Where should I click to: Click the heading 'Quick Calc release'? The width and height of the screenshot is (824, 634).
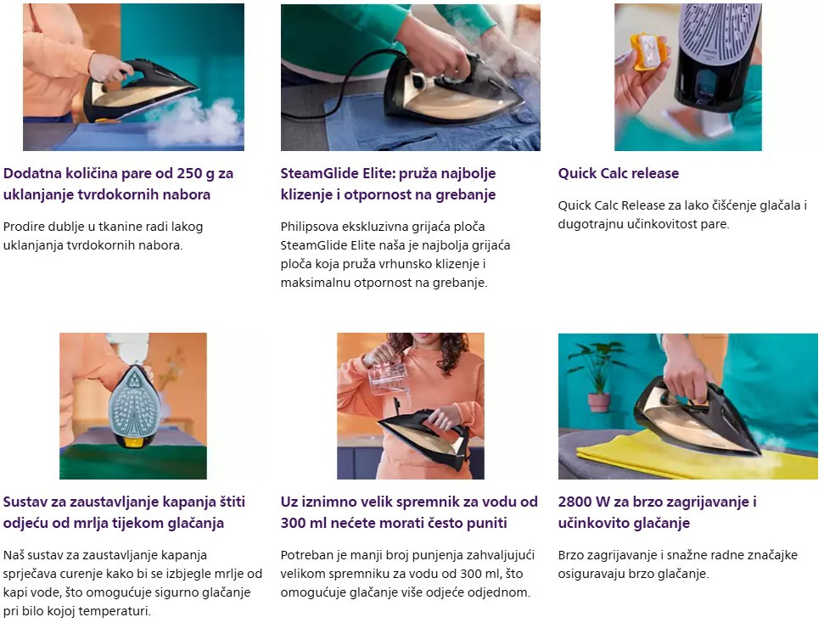(x=618, y=173)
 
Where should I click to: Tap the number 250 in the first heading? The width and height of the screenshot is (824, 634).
(x=189, y=173)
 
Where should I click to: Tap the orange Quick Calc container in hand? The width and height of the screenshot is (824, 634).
(x=648, y=52)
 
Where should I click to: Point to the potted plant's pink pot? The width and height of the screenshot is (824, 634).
(x=599, y=402)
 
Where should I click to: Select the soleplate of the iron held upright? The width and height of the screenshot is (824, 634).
(x=135, y=402)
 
